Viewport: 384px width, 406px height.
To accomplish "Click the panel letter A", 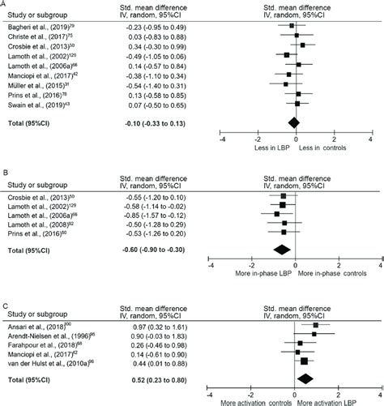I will [x=4, y=4].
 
